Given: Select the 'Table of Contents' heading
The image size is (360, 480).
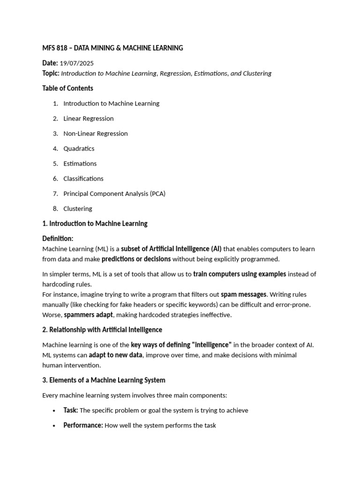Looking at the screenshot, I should coord(67,88).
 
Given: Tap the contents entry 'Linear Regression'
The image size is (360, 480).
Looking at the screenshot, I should coord(89,119).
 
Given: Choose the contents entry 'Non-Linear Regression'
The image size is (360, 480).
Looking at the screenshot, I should coord(96,134).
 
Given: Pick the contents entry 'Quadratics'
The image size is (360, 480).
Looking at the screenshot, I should coord(79,149).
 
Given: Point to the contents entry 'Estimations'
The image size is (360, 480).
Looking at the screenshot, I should coord(80,164).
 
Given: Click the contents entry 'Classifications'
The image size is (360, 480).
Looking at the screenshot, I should coord(83,179).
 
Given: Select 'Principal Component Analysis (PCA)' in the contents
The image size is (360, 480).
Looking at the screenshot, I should coord(114,194).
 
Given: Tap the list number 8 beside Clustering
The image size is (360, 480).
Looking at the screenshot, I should coord(55,209).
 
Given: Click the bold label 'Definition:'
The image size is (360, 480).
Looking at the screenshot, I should coord(58,239).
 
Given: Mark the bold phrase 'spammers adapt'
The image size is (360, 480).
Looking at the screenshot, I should coord(89,315).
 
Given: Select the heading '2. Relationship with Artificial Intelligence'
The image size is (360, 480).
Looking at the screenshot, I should coord(102,330).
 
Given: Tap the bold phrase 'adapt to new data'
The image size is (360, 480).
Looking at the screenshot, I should coord(115,355).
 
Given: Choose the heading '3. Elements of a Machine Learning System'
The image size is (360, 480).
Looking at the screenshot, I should coord(104,380).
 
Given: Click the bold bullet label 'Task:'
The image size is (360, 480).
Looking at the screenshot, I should coord(71,410).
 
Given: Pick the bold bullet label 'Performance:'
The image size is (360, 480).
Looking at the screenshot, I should coord(83,425).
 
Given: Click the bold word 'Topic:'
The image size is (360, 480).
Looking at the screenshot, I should coord(51,73).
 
